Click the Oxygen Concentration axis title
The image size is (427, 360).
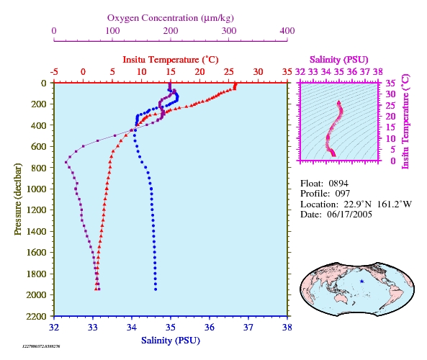171,18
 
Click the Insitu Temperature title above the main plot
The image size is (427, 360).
171,60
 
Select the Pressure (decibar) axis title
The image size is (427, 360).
18,199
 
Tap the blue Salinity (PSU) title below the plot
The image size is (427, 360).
171,341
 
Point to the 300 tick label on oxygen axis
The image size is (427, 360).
229,31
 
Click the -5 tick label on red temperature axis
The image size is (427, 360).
54,72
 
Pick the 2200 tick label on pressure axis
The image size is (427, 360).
36,316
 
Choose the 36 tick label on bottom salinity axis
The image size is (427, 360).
210,327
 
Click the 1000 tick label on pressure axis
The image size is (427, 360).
36,189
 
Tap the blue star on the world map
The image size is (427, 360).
361,282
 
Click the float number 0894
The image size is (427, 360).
338,184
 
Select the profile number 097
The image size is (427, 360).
342,194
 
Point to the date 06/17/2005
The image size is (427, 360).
349,215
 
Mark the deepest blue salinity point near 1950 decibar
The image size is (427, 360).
156,289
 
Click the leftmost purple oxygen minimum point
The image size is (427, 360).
66,162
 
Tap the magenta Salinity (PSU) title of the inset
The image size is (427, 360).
338,60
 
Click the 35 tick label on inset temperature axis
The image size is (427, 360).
390,83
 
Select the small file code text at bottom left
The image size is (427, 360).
41,346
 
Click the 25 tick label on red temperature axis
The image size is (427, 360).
229,72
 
